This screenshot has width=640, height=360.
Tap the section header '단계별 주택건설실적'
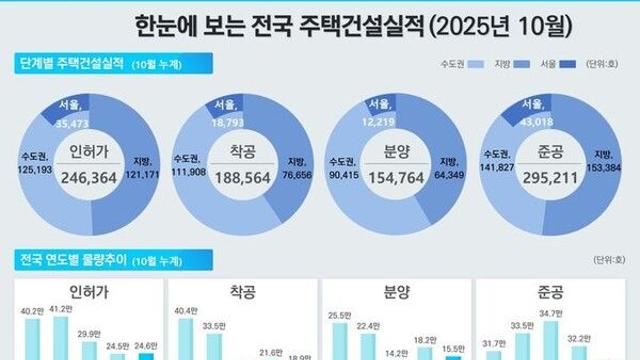[x=72, y=65]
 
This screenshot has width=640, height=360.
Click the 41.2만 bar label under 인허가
[x=64, y=311]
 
